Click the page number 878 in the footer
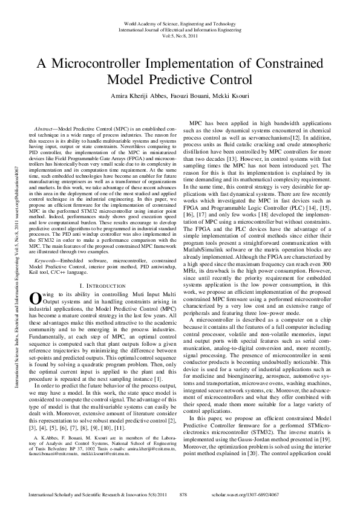pos(186,494)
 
